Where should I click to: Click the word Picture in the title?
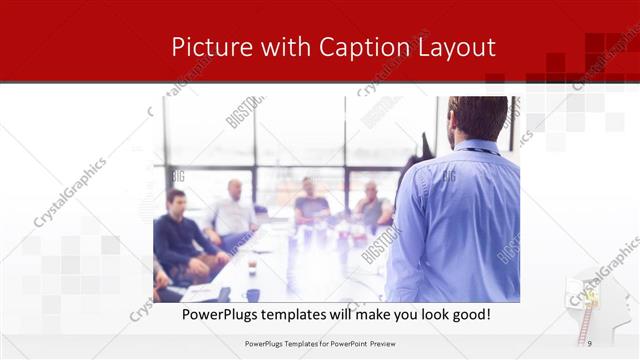[x=207, y=47]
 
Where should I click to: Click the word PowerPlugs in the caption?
[x=219, y=315]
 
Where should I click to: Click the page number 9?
[x=590, y=344]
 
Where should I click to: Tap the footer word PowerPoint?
[x=344, y=344]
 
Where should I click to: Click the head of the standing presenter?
[x=477, y=118]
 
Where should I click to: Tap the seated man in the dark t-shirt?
[x=311, y=205]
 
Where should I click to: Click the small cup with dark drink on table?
[x=251, y=267]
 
